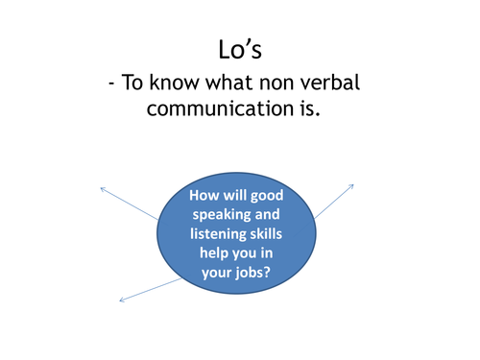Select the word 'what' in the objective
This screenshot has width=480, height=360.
pyautogui.click(x=239, y=84)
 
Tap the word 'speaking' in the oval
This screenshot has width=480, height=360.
pyautogui.click(x=222, y=216)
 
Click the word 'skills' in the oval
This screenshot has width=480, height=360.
pyautogui.click(x=275, y=235)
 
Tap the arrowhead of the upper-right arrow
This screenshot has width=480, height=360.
pyautogui.click(x=352, y=185)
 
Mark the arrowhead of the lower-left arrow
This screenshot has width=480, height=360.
pyautogui.click(x=121, y=300)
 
